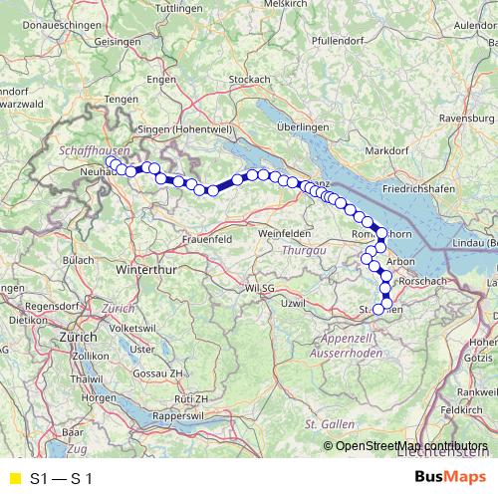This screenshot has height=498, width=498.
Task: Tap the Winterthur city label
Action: tap(146, 270)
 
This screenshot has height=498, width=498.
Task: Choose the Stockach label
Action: tap(250, 79)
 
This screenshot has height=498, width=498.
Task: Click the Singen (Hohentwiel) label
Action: tap(186, 130)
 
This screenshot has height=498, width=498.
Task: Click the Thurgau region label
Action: tap(303, 250)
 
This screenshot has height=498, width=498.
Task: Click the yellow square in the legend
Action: tap(15, 479)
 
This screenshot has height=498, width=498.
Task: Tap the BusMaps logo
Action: tap(451, 478)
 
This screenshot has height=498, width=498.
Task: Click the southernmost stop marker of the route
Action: tap(378, 309)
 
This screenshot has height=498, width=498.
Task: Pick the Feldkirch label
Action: tap(463, 409)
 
